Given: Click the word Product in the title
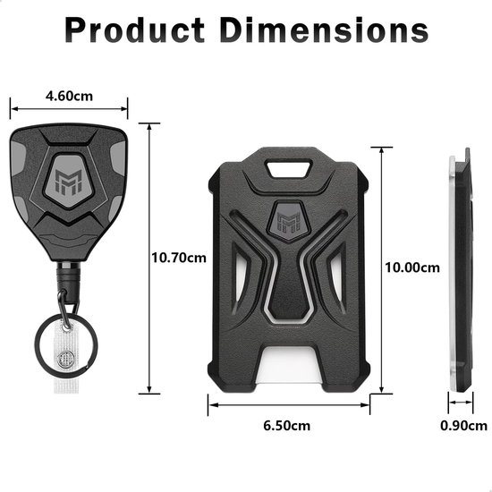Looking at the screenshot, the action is (x=135, y=30).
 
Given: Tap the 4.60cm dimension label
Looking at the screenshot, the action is (x=70, y=96).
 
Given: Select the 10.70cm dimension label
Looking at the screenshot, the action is (x=179, y=258).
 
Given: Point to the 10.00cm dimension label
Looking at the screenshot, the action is (x=412, y=267).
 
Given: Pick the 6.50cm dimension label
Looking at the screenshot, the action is (x=287, y=426).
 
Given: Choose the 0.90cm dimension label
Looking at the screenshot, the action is (x=463, y=426).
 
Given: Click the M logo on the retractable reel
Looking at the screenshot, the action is (x=69, y=182).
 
